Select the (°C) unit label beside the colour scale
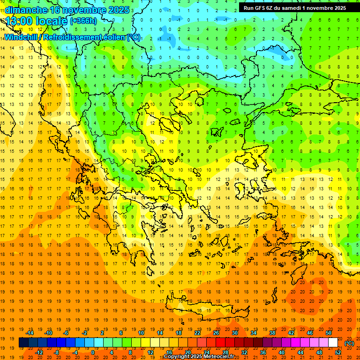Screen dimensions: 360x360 [349, 343]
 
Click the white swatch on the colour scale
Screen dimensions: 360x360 [333, 343]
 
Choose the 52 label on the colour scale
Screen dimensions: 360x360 [338, 352]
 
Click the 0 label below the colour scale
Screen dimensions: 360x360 [93, 352]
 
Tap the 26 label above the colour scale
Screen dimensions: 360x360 [216, 333]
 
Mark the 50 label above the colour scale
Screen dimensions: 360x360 [329, 333]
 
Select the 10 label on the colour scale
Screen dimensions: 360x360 [141, 333]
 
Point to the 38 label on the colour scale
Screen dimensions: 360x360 [272, 333]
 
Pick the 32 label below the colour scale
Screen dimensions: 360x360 [244, 352]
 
